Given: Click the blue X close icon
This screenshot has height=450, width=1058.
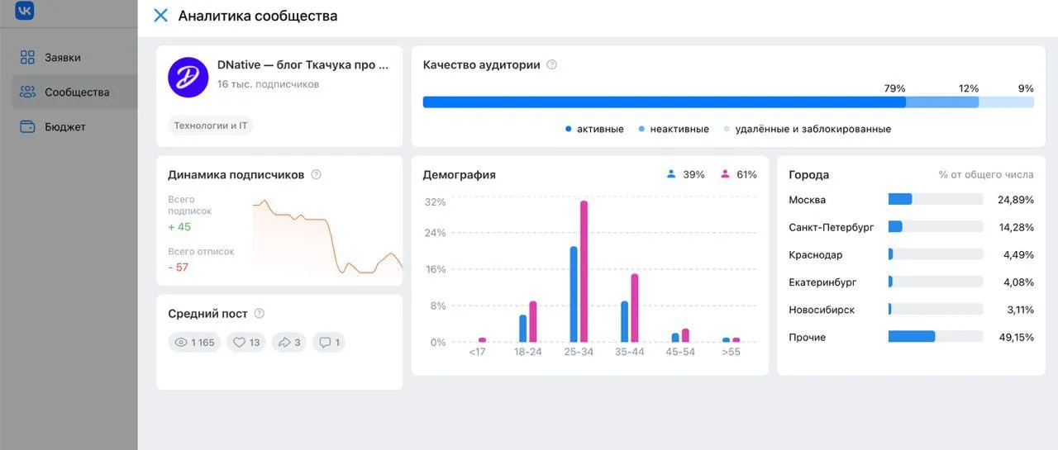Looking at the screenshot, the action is (160, 16).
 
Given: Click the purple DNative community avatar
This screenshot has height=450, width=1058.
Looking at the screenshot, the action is (188, 78).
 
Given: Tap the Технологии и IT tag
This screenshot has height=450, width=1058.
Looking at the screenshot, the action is (210, 126).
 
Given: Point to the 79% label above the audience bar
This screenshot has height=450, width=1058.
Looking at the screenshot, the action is (894, 88).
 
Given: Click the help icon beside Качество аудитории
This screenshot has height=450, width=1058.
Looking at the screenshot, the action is (551, 64).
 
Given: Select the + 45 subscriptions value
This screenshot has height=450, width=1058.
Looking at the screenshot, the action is (179, 227).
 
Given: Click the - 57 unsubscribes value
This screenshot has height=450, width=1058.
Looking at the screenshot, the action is (178, 267).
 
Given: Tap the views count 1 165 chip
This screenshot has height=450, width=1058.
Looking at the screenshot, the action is (194, 343).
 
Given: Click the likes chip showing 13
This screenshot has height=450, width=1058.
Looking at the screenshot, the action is (246, 343).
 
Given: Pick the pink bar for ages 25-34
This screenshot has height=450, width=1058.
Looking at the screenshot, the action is (584, 271).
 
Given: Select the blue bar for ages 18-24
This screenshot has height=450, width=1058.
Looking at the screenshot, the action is (523, 329).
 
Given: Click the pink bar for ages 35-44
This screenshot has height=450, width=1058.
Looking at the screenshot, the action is (634, 307).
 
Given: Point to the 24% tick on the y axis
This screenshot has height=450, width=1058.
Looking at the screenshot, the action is (435, 233).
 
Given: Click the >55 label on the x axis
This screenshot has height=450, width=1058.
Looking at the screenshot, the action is (731, 352).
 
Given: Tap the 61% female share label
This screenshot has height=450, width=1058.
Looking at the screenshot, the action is (746, 174).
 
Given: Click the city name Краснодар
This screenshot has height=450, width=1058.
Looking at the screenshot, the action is (815, 254).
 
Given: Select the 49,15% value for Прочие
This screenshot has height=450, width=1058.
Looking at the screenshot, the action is (1016, 337).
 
